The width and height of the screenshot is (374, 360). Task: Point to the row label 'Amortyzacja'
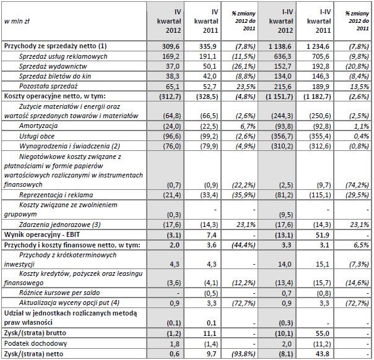pos(36,126)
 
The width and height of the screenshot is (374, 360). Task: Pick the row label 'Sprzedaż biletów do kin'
pos(58,76)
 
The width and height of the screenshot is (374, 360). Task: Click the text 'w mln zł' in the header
pos(17,20)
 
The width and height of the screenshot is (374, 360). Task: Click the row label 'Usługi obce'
pos(36,135)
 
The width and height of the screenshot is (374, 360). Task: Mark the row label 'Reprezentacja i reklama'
pos(56,195)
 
